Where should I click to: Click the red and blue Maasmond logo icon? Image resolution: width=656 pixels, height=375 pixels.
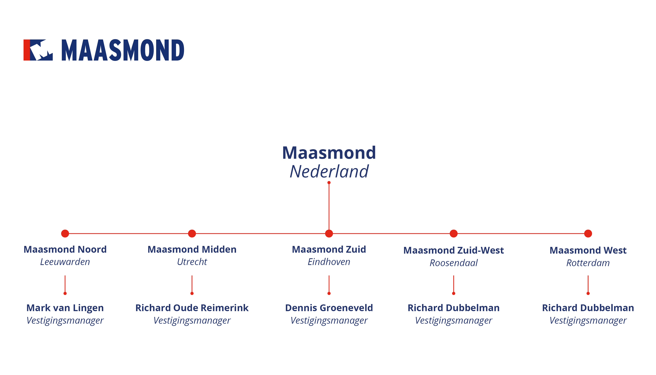[x=38, y=50]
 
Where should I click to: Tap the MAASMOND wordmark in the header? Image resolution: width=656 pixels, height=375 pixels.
[x=123, y=50]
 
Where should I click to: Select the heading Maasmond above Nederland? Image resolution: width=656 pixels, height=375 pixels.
[x=329, y=153]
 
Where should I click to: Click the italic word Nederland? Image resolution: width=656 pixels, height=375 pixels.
[x=329, y=171]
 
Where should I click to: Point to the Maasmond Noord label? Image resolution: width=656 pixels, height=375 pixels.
[x=65, y=249]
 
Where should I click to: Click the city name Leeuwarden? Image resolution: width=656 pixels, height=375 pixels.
[x=65, y=262]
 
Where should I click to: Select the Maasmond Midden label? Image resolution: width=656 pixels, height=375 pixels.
[x=192, y=249]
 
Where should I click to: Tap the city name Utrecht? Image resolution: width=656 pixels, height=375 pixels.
[x=192, y=262]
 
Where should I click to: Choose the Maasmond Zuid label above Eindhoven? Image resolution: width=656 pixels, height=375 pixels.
[x=329, y=249]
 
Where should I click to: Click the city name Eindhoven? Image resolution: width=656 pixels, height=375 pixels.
[x=329, y=262]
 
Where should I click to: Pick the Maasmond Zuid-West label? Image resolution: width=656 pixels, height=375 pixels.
[x=454, y=250]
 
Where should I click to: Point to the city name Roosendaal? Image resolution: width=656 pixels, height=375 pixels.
[x=454, y=263]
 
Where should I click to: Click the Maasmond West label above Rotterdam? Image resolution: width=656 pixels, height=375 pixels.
[x=588, y=250]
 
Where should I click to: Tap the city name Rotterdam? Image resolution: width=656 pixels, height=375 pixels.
[x=588, y=263]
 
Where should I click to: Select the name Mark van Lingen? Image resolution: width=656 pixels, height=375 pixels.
[x=65, y=308]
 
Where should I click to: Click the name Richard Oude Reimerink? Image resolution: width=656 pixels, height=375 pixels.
[x=192, y=308]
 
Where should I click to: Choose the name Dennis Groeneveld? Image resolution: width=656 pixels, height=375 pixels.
[x=329, y=308]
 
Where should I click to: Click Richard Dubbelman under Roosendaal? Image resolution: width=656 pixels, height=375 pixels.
[x=454, y=308]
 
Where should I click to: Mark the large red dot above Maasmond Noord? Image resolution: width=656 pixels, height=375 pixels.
[x=65, y=234]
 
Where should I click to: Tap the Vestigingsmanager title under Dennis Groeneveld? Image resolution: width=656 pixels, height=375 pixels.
[x=329, y=321]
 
